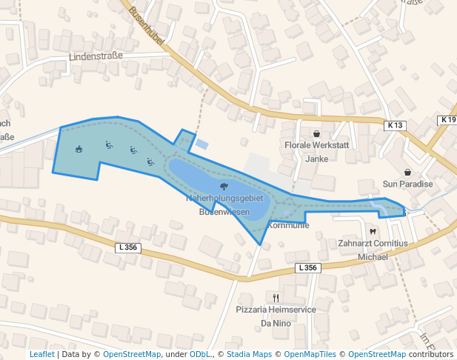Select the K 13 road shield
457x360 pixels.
tap(395, 126)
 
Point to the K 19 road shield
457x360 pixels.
tap(447, 120)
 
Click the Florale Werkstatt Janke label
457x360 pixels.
tap(316, 152)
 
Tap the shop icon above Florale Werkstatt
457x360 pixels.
tap(316, 134)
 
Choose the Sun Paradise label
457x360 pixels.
tap(407, 184)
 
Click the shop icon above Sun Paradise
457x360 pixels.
tap(407, 172)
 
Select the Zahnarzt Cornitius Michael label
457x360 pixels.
tap(373, 250)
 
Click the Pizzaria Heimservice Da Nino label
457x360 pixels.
tap(276, 316)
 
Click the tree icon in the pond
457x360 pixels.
tap(224, 187)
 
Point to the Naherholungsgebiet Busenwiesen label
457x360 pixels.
tap(224, 205)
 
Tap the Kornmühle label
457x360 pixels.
tap(288, 224)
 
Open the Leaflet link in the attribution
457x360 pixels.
tap(41, 354)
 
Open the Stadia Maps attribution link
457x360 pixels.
tap(249, 354)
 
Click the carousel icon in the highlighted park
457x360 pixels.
tap(79, 148)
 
